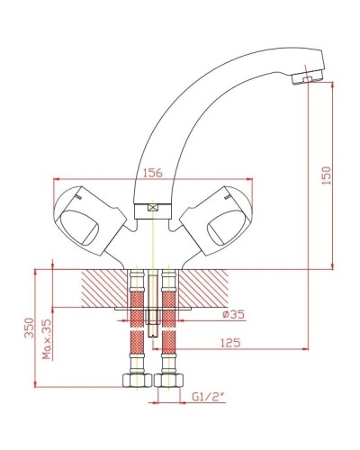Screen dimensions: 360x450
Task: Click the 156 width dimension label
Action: point(153,173)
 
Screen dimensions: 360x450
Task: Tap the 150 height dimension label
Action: point(326,175)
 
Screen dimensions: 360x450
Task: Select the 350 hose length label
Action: point(29,328)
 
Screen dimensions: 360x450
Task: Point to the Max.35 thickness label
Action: point(47,339)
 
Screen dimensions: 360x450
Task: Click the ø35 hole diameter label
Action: point(233,314)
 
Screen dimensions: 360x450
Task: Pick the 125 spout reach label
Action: point(230,343)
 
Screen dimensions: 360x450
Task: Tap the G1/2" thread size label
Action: point(209,397)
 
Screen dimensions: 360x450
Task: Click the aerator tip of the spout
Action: point(307,77)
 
